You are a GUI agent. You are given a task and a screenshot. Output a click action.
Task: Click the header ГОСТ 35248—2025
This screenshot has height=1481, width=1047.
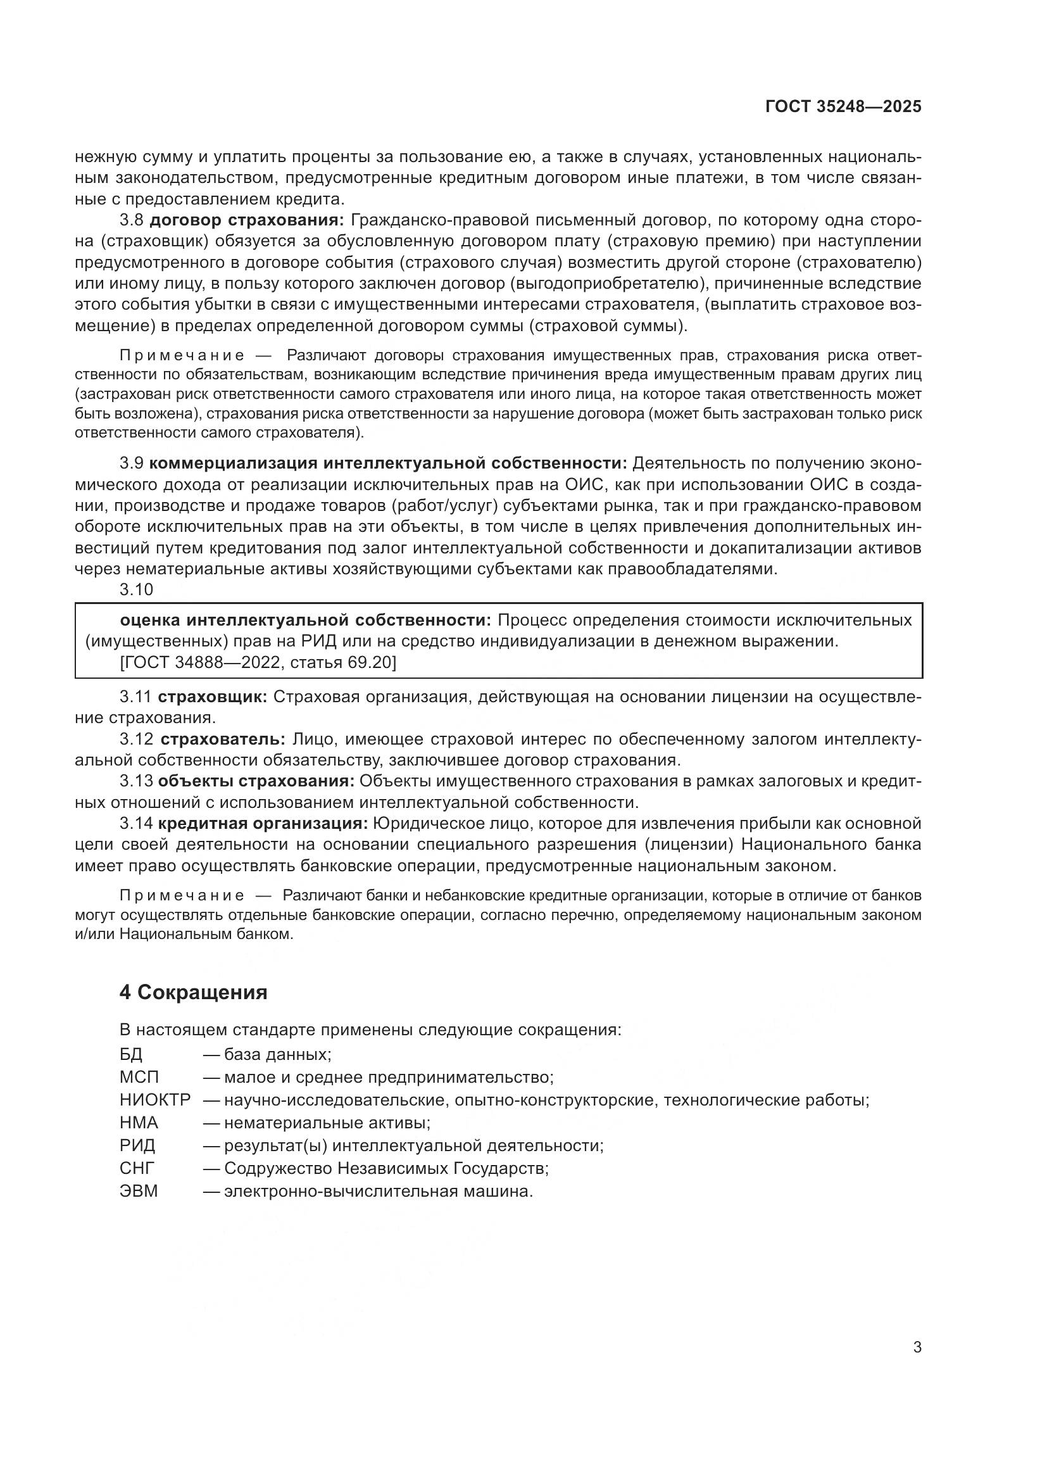(x=843, y=107)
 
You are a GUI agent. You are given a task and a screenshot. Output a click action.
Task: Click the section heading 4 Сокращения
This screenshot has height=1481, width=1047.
(x=194, y=992)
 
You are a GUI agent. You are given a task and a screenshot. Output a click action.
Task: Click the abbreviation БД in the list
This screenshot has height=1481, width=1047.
(x=131, y=1055)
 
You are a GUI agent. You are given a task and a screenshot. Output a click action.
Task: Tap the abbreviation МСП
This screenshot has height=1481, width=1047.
(x=139, y=1077)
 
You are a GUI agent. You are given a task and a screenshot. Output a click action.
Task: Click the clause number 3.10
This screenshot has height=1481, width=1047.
(x=136, y=589)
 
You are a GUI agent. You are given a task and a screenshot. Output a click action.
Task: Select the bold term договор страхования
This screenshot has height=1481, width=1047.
(x=248, y=220)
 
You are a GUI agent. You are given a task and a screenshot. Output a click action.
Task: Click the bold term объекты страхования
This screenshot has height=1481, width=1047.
(x=256, y=781)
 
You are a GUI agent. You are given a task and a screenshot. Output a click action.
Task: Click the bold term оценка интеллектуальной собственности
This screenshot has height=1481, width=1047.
(x=306, y=620)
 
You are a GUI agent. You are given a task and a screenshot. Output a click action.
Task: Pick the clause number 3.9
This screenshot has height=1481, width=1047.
(x=133, y=463)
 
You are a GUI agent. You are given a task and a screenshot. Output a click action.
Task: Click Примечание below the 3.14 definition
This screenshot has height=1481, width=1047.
(x=182, y=896)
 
